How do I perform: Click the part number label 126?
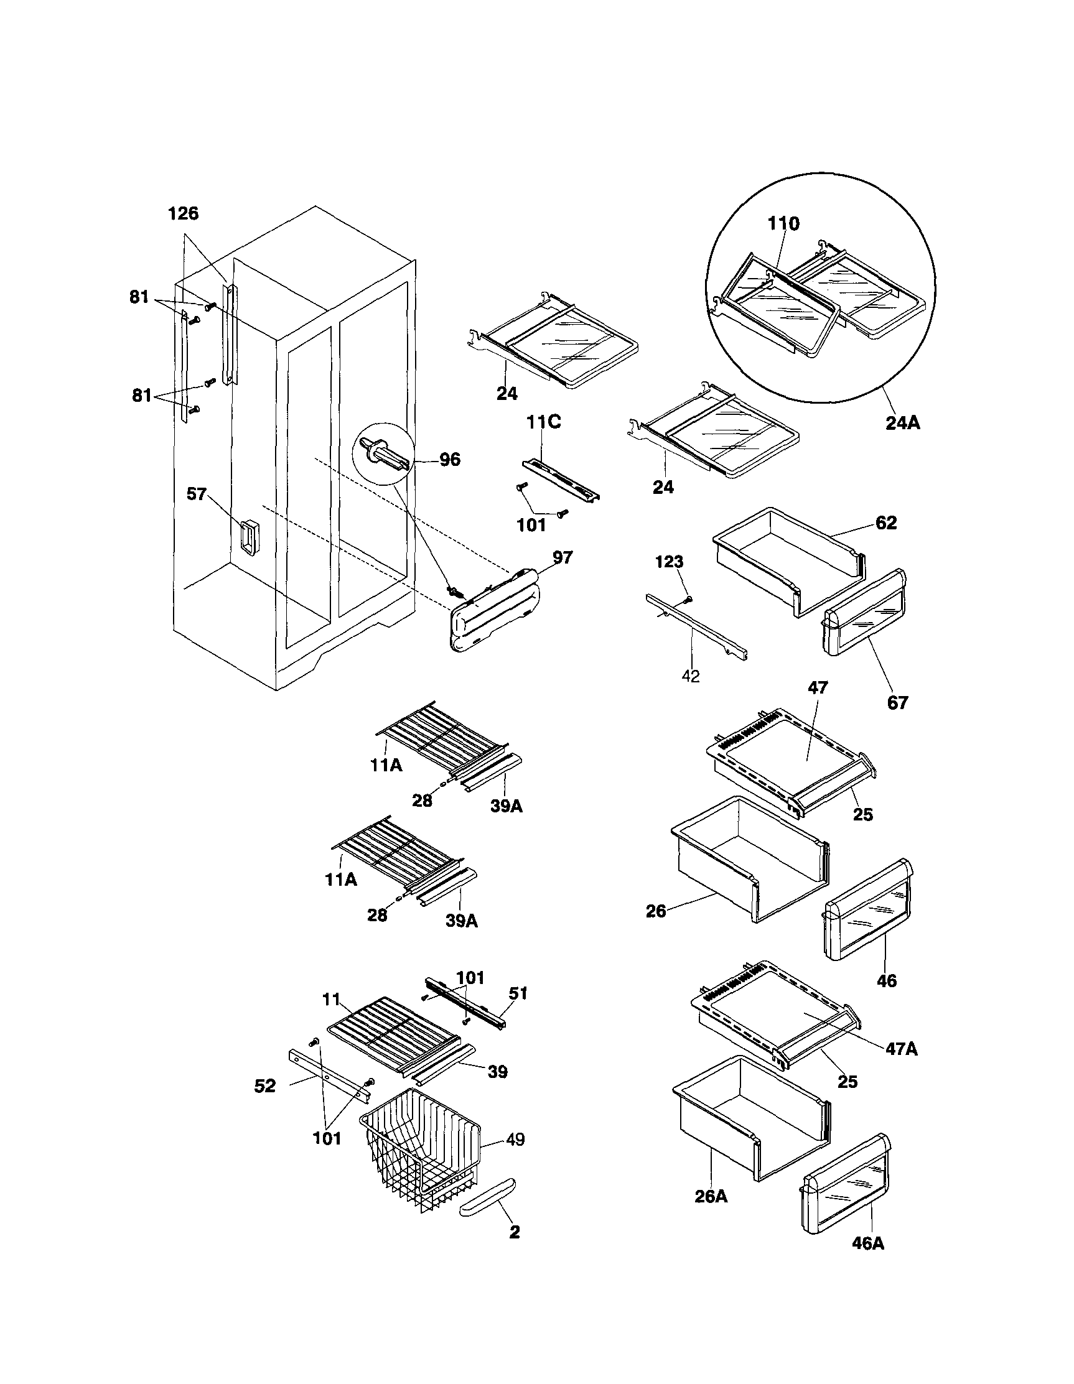pos(183,214)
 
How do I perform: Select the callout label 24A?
pos(903,421)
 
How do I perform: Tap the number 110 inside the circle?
pos(783,224)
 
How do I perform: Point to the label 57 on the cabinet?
pos(197,494)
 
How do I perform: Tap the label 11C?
pos(544,422)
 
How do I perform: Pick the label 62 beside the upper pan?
pos(886,522)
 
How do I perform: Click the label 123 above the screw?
pos(669,562)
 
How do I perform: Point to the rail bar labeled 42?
pos(696,628)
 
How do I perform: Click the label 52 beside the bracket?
pos(265,1087)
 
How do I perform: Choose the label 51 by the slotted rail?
pos(518,993)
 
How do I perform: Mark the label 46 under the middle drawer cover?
pos(886,981)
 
